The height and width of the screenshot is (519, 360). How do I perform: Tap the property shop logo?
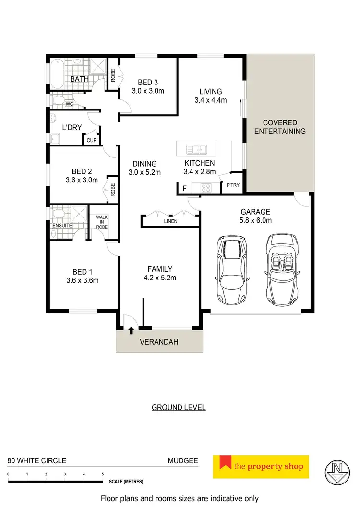click(x=261, y=466)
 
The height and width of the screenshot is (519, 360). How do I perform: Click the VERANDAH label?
click(x=158, y=342)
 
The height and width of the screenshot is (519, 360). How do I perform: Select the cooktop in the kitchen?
click(x=206, y=188)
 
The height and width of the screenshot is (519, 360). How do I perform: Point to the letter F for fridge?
click(x=184, y=188)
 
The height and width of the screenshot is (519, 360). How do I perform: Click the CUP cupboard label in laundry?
click(x=91, y=140)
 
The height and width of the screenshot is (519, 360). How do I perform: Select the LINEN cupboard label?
click(x=170, y=221)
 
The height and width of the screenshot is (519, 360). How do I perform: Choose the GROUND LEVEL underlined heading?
click(x=179, y=408)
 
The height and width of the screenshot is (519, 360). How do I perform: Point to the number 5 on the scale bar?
click(x=103, y=474)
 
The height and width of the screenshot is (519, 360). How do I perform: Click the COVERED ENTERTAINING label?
click(x=280, y=127)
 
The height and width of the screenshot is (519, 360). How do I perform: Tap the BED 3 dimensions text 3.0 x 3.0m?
click(x=148, y=90)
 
